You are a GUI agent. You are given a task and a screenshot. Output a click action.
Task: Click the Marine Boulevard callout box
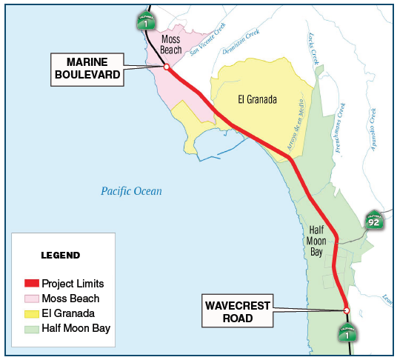(86, 67)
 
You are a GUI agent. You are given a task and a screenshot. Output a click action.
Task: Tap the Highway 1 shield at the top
(145, 22)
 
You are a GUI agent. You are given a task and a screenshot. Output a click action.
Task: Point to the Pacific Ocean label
(131, 192)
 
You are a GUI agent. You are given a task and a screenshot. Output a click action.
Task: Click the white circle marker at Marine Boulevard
(167, 67)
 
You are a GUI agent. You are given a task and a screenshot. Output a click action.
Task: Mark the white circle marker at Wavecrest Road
(347, 310)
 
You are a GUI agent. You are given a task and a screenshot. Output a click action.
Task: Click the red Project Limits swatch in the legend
(31, 284)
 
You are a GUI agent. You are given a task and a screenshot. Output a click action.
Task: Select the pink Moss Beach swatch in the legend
(31, 299)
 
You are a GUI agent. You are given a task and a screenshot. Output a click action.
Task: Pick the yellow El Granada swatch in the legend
(31, 313)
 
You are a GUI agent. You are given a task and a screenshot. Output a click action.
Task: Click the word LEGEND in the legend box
(59, 256)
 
